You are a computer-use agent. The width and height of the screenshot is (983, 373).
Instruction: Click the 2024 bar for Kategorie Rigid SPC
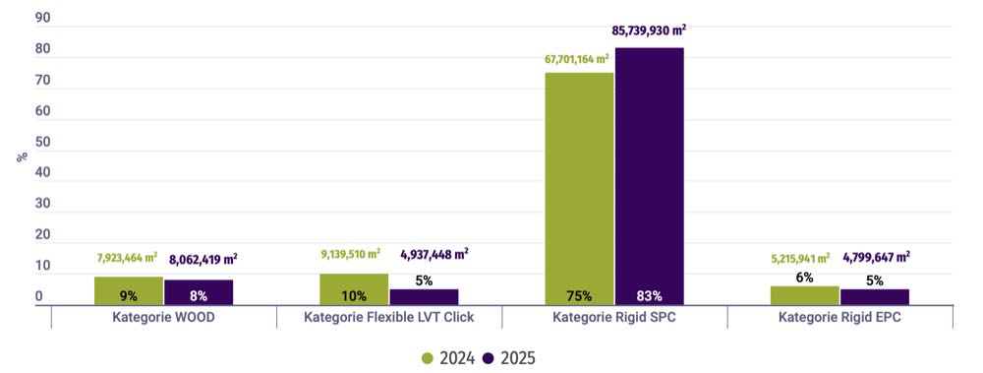pyautogui.click(x=579, y=187)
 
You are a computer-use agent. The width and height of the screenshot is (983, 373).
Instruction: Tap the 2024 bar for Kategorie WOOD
pyautogui.click(x=129, y=290)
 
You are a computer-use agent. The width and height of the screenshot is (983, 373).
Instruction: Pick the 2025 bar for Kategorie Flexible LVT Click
pyautogui.click(x=424, y=296)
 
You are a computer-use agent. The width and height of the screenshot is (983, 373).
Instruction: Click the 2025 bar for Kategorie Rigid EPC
pyautogui.click(x=874, y=296)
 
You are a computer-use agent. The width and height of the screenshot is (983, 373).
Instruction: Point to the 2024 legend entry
pyautogui.click(x=448, y=358)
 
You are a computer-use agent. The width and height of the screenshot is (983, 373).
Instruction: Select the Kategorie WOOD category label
pyautogui.click(x=162, y=318)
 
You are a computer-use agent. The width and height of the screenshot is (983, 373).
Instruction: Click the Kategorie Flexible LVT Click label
pyautogui.click(x=388, y=318)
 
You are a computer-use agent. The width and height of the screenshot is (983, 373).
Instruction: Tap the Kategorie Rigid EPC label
pyautogui.click(x=839, y=318)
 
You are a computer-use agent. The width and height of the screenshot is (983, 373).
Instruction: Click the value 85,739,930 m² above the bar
pyautogui.click(x=649, y=31)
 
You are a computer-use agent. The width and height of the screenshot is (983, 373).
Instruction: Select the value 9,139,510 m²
pyautogui.click(x=354, y=255)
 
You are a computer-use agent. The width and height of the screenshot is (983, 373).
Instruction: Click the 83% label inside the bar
pyautogui.click(x=649, y=296)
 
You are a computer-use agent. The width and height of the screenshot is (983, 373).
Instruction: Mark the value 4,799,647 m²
pyautogui.click(x=876, y=258)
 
